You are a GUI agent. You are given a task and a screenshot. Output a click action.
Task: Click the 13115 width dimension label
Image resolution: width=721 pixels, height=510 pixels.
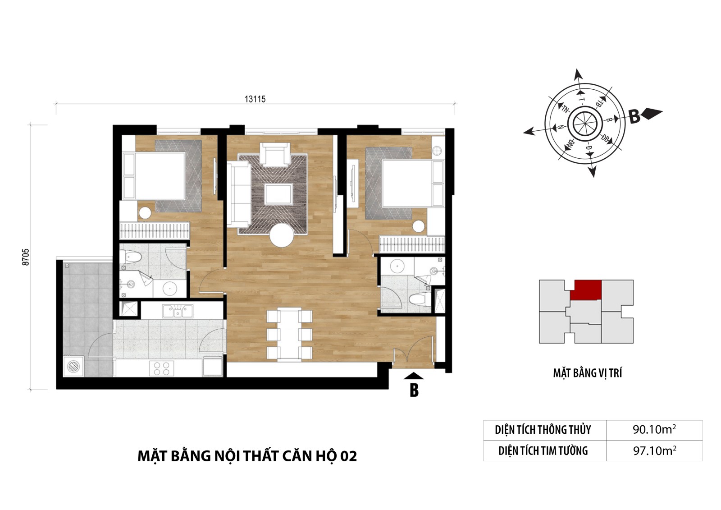[x=255, y=99]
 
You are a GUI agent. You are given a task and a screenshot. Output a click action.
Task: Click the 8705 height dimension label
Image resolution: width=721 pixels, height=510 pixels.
[x=26, y=257]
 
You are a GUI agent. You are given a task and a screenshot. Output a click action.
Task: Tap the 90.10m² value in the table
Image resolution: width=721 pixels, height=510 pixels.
[x=654, y=429]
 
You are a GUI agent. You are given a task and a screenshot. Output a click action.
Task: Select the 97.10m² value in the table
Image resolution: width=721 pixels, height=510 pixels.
[x=654, y=450]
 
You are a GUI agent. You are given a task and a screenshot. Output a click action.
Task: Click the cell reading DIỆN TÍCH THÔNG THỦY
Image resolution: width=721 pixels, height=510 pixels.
[x=543, y=430]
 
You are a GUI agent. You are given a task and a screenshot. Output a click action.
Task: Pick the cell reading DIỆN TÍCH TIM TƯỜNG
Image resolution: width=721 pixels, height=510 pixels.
[x=543, y=451]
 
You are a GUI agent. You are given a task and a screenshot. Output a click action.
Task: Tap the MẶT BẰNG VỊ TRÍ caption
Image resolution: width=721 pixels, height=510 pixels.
[x=588, y=373]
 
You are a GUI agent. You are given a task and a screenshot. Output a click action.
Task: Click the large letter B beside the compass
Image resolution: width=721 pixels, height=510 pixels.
[x=634, y=117]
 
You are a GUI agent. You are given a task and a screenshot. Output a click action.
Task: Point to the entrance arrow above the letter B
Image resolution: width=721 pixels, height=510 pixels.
[x=413, y=376]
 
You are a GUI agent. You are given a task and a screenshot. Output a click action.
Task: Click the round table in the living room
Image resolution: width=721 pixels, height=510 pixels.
[x=282, y=235]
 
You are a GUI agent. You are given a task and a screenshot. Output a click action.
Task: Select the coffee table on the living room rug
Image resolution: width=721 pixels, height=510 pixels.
[x=278, y=193]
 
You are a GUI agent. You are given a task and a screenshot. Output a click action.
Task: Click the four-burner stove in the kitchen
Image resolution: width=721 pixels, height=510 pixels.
[x=162, y=368]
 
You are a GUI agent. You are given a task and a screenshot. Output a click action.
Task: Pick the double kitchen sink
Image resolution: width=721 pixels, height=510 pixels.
[x=178, y=312]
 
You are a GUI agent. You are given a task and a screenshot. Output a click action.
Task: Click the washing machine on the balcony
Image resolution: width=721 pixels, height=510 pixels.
[x=74, y=366]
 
